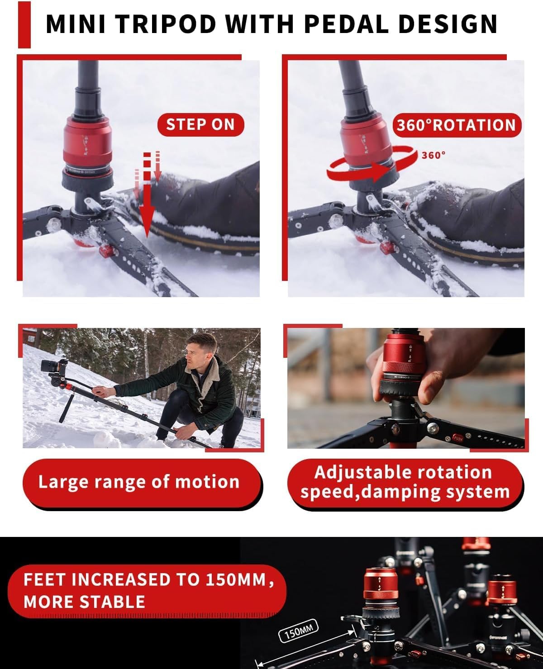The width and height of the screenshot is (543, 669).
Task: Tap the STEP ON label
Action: click(x=200, y=125)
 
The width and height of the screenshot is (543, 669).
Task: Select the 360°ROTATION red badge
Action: click(x=456, y=125)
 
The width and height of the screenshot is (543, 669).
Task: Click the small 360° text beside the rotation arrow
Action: click(x=433, y=155)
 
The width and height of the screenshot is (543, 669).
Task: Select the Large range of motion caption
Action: click(x=139, y=482)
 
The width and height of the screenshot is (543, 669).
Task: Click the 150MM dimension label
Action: click(x=299, y=631)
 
